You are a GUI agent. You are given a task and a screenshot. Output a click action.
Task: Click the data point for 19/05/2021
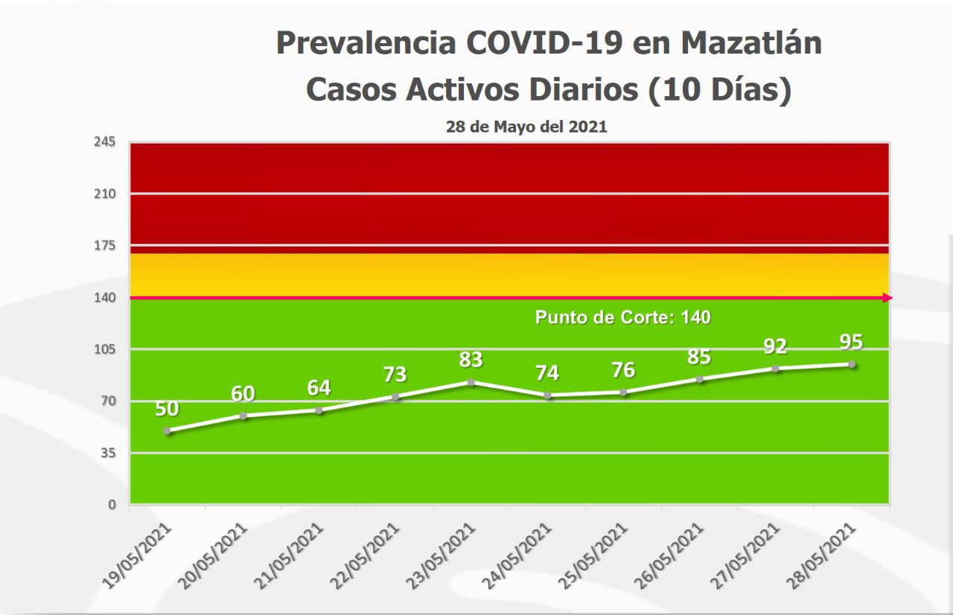(x=168, y=431)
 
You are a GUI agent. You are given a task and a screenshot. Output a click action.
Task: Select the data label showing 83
(x=471, y=360)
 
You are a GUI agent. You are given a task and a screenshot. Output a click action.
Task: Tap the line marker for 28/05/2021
(x=851, y=364)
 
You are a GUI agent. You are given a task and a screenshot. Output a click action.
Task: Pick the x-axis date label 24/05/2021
(x=523, y=555)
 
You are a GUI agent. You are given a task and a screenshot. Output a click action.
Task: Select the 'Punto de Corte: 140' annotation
(x=622, y=317)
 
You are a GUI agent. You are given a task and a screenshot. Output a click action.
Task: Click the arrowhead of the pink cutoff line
(x=887, y=298)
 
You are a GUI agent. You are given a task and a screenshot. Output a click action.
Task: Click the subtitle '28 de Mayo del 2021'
(x=526, y=127)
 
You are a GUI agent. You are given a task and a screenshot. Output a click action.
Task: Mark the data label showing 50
(x=168, y=409)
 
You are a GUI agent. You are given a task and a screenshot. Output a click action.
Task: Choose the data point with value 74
(x=547, y=395)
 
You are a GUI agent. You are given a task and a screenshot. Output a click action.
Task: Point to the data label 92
(x=776, y=346)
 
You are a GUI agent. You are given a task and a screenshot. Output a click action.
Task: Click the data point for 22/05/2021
(x=395, y=397)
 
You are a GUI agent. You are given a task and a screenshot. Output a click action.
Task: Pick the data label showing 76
(x=623, y=370)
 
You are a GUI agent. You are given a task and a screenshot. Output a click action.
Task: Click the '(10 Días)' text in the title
(x=718, y=89)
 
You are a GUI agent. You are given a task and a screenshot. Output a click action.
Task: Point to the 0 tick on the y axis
(x=112, y=505)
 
